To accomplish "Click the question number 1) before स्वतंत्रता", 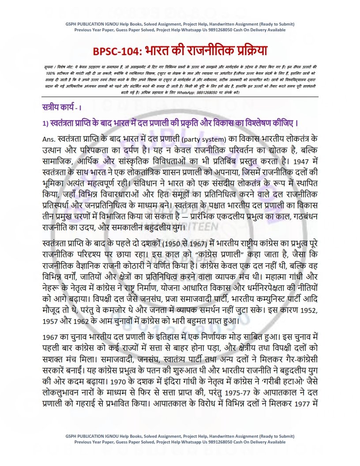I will point(42,122).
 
